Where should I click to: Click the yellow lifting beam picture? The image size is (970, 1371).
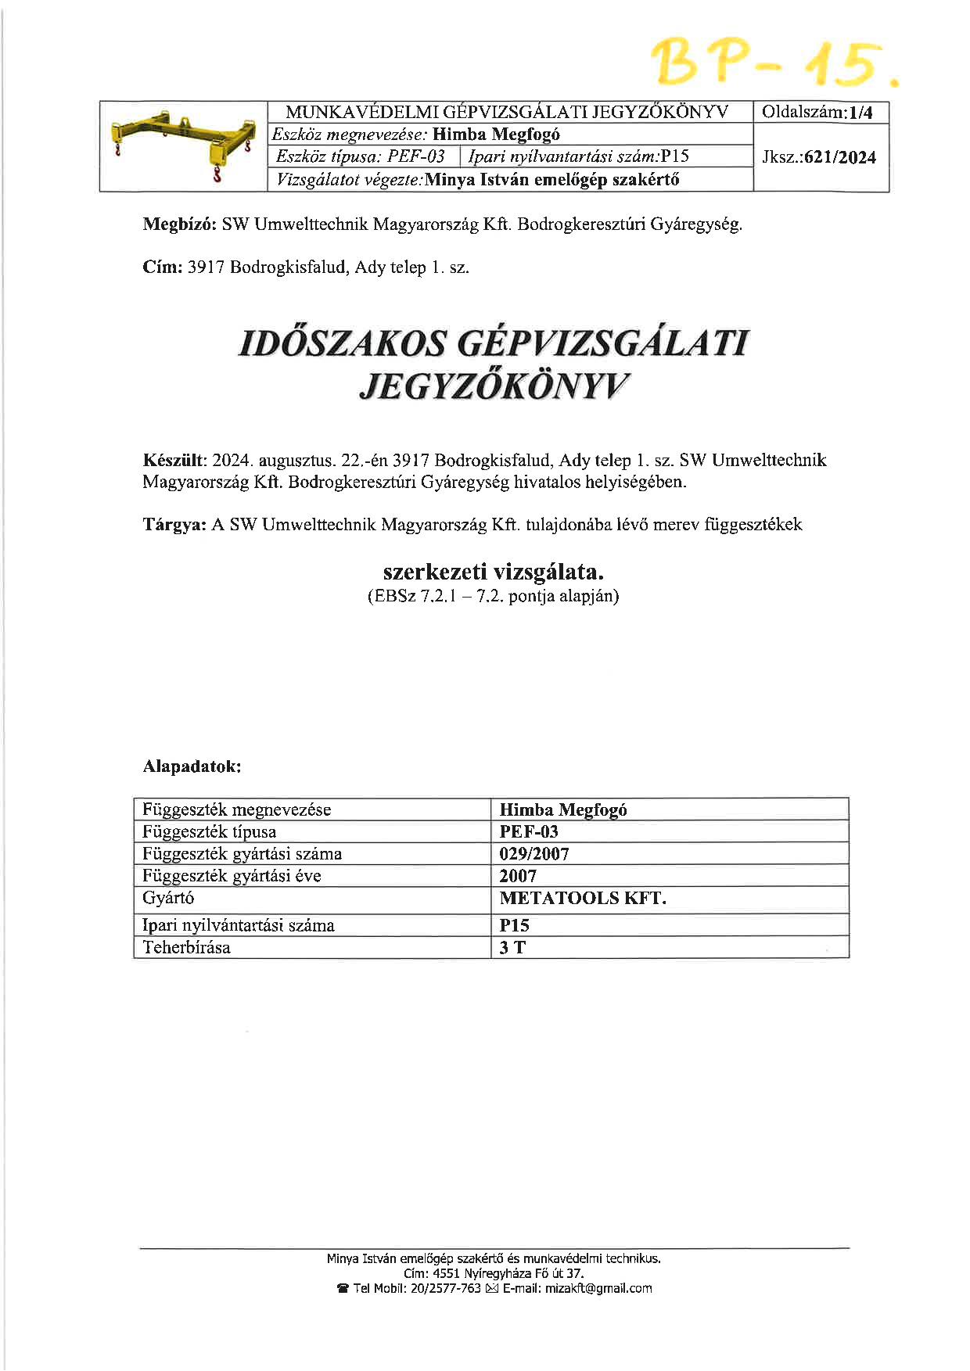[184, 146]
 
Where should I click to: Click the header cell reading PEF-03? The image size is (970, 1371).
[416, 156]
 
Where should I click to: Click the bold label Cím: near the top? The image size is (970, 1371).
[163, 267]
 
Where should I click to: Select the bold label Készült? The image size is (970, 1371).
[174, 460]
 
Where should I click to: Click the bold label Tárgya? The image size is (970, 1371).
[174, 524]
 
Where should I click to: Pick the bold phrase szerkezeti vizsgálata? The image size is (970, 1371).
[494, 571]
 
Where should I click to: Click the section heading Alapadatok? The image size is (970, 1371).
[192, 766]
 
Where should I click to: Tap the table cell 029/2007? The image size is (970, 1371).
[534, 854]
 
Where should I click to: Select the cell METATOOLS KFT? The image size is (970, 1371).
[583, 898]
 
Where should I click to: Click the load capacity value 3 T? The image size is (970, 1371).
[512, 948]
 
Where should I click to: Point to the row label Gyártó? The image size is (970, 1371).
[168, 898]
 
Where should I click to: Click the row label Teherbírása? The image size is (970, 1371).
[186, 948]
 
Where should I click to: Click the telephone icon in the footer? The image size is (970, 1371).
[343, 1288]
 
